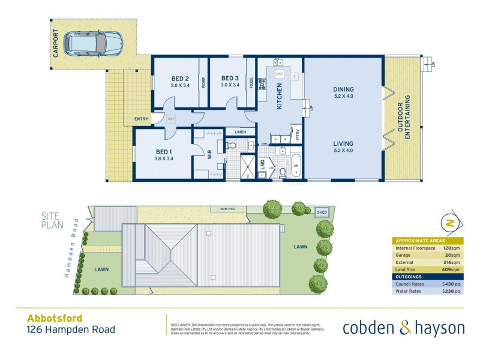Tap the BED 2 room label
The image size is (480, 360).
[180, 78]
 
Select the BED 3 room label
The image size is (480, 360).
[230, 78]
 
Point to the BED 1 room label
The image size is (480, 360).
[164, 151]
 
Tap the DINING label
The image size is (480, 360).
[343, 89]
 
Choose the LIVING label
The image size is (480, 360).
[343, 143]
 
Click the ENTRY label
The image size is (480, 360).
[141, 119]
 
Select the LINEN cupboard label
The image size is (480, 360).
[240, 131]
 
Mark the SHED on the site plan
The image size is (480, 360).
[322, 212]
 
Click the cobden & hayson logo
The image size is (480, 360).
[403, 328]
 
